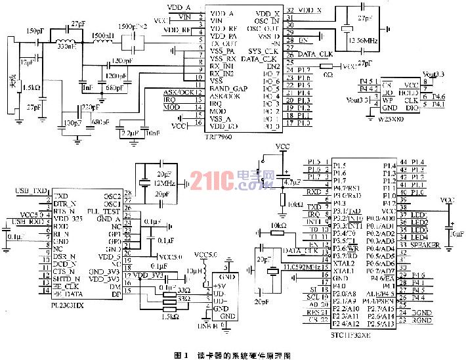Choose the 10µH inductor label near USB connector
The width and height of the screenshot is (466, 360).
pyautogui.click(x=196, y=271)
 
